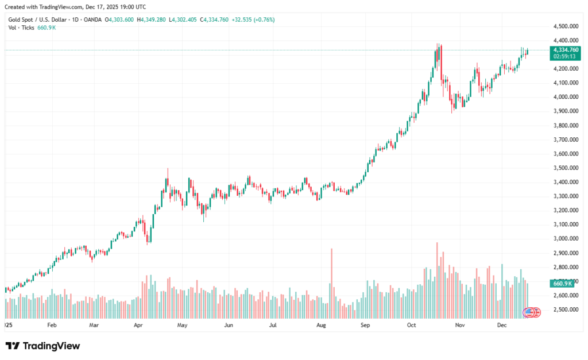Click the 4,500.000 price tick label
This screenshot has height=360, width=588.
[x=565, y=26]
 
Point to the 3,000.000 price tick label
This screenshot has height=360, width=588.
[x=565, y=239]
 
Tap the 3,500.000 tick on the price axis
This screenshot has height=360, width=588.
[x=565, y=168]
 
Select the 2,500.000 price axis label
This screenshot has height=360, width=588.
[x=565, y=309]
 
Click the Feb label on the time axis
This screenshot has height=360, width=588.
[x=52, y=325]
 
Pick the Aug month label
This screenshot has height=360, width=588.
[x=321, y=325]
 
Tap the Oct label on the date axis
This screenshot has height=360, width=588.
[x=411, y=325]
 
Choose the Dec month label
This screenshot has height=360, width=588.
[x=501, y=325]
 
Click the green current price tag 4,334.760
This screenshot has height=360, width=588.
[x=566, y=50]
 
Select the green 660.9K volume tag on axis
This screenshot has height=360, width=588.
[x=561, y=284]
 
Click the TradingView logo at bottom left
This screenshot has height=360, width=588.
[x=42, y=346]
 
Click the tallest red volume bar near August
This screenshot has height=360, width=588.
[x=331, y=281]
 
